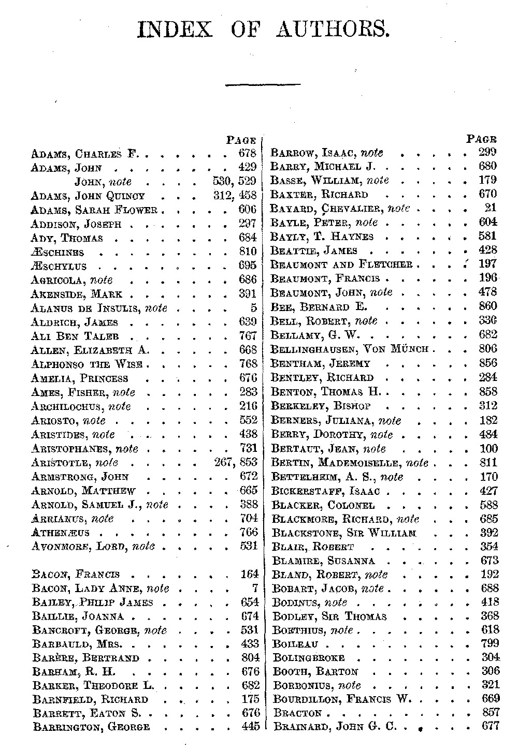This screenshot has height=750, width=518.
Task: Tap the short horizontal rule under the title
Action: pos(263,84)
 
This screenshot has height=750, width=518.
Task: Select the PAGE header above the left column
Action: pos(241,140)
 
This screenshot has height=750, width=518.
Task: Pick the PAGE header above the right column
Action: pos(481,139)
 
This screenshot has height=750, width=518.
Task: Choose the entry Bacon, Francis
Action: pos(76,574)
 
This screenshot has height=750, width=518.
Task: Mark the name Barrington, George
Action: pos(91,727)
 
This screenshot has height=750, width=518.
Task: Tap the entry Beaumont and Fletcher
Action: pos(342,264)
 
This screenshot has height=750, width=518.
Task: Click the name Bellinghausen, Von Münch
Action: pos(350,349)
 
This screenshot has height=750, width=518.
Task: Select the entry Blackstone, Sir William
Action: pos(343,533)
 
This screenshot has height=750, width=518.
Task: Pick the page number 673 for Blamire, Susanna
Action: pos(489,561)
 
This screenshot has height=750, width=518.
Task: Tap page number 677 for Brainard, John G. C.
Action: pos(490,726)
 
